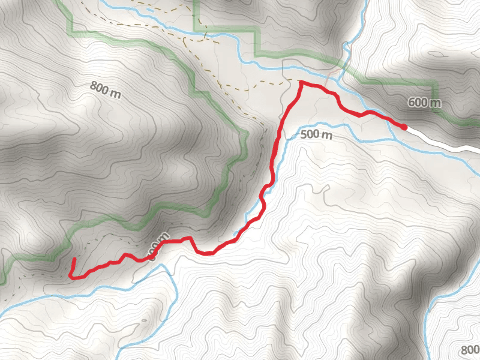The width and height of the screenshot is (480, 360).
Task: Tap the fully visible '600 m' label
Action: point(424,103)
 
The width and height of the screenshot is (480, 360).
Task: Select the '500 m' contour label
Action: point(316,134)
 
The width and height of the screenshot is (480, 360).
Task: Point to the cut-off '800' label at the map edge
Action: point(470,350)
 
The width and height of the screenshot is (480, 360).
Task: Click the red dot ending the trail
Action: point(404,127)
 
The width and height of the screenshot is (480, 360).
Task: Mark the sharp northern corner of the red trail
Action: point(301,82)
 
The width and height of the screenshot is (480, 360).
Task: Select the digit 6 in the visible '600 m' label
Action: point(412,103)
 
